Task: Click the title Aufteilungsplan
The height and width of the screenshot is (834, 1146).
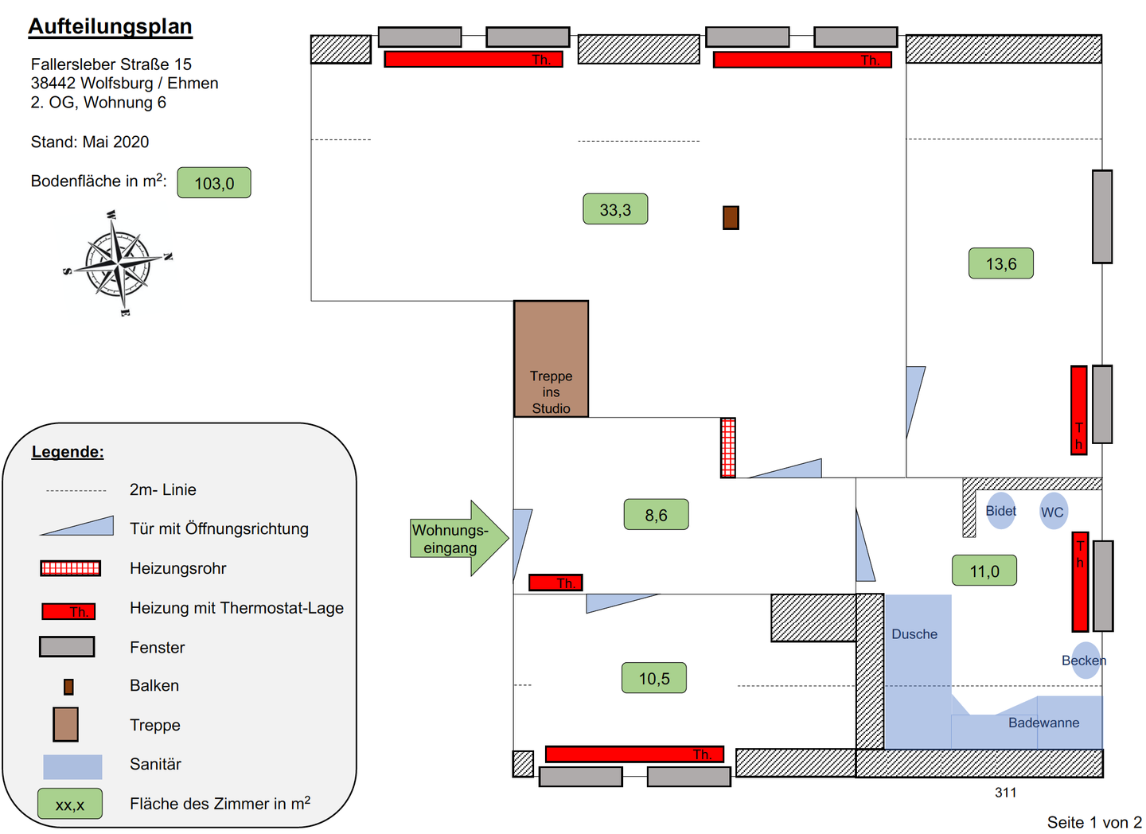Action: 110,26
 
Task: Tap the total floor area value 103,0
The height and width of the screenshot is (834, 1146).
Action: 214,183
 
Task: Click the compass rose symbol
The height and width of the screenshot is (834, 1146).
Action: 118,262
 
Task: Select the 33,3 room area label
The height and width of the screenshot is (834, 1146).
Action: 615,209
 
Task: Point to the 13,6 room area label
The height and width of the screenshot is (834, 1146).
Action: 1000,263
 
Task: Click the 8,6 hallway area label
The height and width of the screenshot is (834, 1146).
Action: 656,515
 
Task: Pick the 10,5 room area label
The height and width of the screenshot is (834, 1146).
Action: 653,678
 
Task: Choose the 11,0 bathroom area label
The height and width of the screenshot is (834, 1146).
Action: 984,571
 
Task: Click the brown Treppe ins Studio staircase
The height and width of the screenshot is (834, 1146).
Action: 551,358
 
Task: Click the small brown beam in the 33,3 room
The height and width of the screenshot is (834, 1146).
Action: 731,217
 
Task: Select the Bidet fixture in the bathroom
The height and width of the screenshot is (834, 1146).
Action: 1000,511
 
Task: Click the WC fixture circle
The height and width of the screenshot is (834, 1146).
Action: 1052,512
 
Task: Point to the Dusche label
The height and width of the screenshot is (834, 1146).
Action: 914,634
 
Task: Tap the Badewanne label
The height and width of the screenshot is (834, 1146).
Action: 1043,723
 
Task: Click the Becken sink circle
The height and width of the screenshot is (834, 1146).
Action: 1085,661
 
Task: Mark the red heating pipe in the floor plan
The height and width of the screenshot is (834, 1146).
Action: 727,447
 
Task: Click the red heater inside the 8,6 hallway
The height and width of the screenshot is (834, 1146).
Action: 555,583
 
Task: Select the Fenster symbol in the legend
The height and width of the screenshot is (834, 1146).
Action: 67,647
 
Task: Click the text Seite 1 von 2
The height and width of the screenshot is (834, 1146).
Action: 1093,822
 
